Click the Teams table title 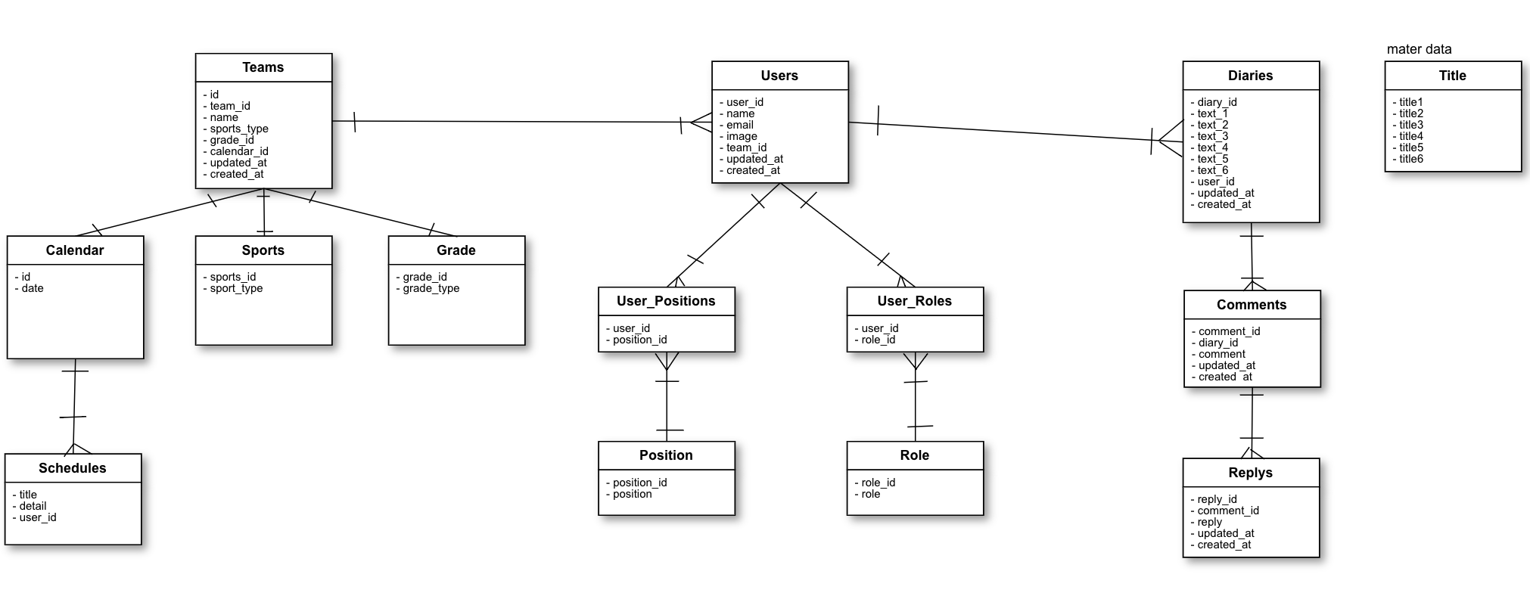[x=263, y=67]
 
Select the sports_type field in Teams [x=239, y=129]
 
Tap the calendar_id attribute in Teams [x=239, y=151]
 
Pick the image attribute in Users [x=742, y=136]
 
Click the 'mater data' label [x=1419, y=49]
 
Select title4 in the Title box [x=1410, y=136]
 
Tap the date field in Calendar [x=32, y=288]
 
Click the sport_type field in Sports [x=236, y=288]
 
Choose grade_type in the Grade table [x=431, y=288]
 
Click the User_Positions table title [x=666, y=301]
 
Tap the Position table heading [x=666, y=455]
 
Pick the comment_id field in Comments [x=1229, y=331]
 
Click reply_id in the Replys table [x=1217, y=499]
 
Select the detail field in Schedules [x=33, y=506]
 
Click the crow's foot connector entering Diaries [x=1169, y=140]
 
